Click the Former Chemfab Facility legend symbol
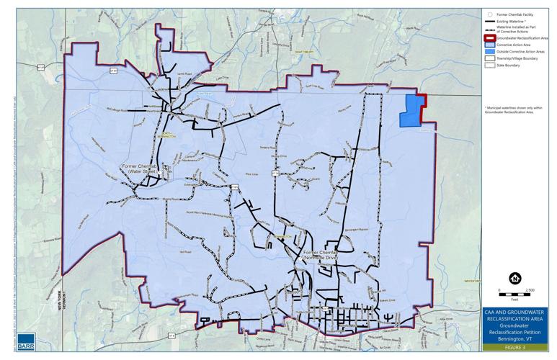[489, 14]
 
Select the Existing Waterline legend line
[489, 21]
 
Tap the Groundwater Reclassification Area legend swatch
[489, 37]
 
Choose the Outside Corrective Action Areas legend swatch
[489, 52]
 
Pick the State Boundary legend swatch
[489, 66]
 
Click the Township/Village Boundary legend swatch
[489, 58]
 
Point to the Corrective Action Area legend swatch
[489, 45]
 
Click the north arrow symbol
[514, 278]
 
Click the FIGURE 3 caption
[515, 346]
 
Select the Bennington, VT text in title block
[515, 338]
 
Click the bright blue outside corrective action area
[411, 112]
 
